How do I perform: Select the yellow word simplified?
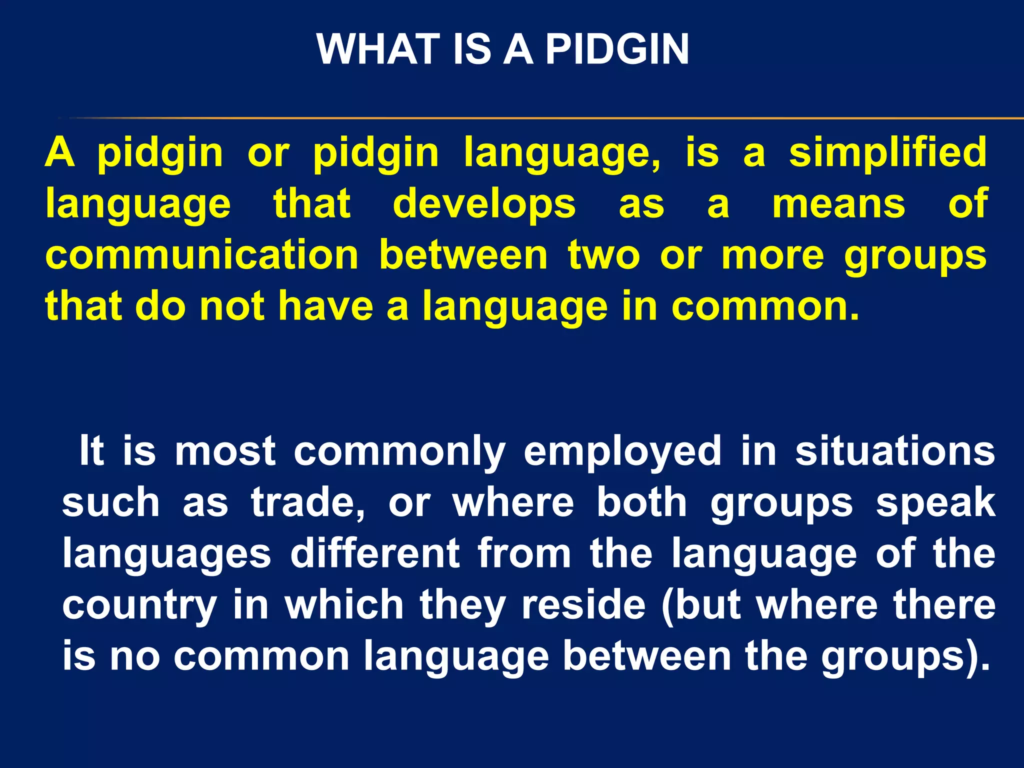coord(887,152)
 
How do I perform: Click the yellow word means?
coord(838,204)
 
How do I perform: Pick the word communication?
coord(202,255)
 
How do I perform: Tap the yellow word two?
coord(603,255)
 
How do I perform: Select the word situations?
coord(895,451)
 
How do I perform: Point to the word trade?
coord(307,502)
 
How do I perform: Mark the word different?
coord(375,553)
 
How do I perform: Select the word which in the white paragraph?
coord(344,604)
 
